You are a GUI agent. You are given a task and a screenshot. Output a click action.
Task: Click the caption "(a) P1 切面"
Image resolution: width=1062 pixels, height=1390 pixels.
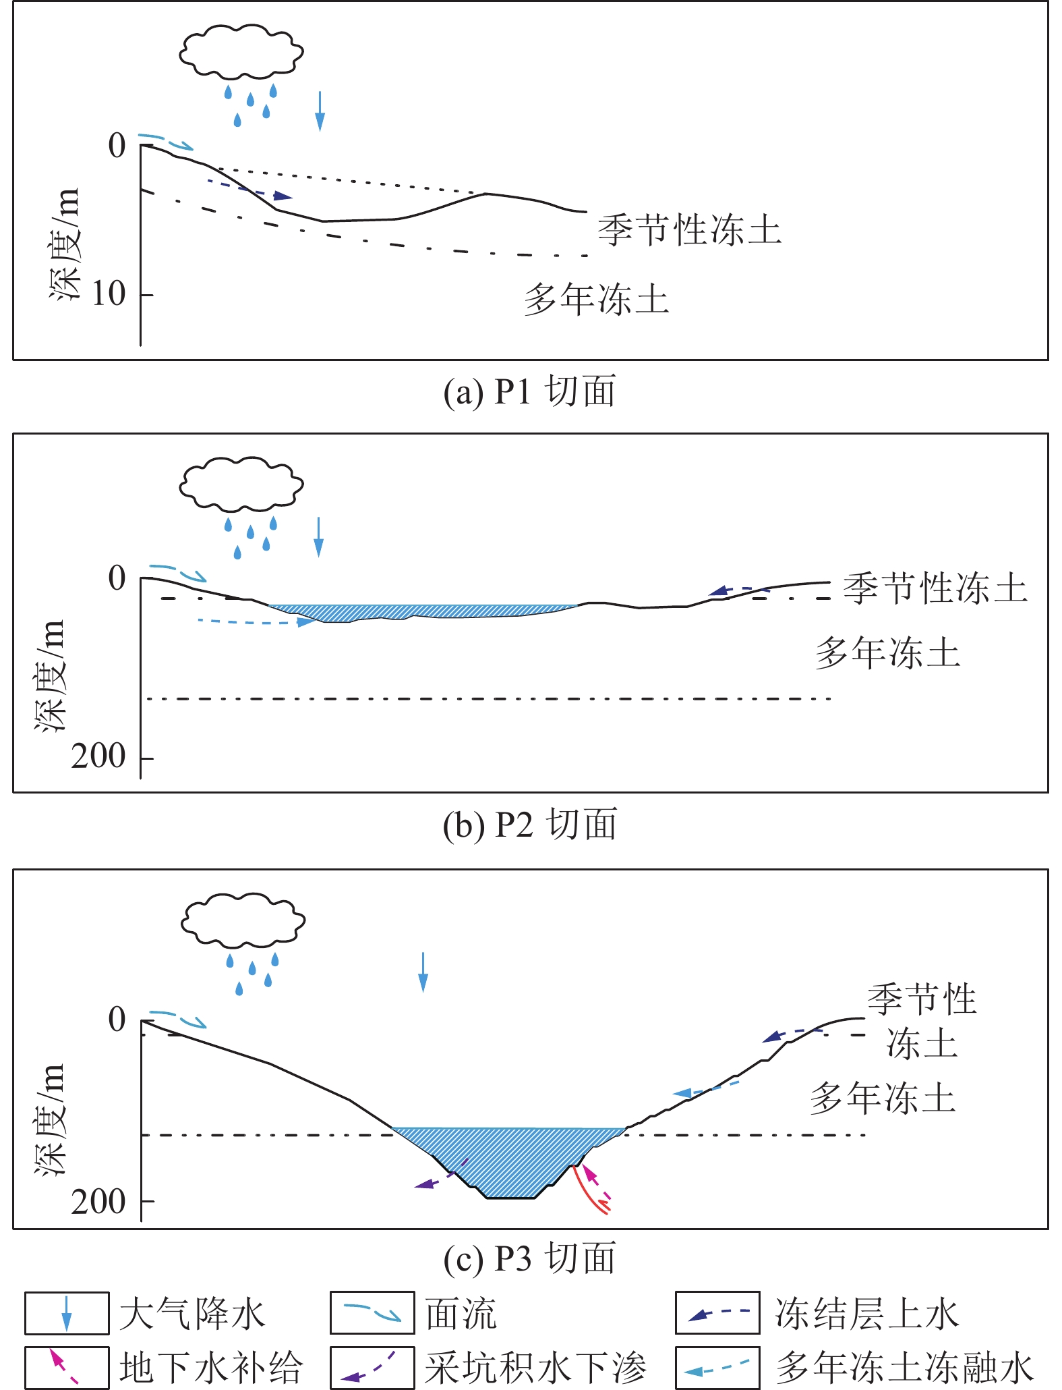(529, 392)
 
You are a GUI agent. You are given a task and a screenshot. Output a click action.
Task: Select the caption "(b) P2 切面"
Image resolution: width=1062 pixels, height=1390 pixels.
(529, 825)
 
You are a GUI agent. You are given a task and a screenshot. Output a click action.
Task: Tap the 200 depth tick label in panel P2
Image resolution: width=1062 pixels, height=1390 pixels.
(99, 756)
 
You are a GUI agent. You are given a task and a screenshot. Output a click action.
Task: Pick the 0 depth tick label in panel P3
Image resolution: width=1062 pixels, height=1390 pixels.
(117, 1020)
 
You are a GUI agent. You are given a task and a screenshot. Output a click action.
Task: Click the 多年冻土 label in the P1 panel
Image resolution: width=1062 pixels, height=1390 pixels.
(597, 300)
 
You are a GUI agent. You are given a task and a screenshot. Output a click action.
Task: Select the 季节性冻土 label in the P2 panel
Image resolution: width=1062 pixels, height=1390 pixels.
(935, 588)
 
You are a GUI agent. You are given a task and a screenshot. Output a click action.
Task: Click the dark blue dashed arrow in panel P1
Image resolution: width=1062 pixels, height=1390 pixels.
(249, 190)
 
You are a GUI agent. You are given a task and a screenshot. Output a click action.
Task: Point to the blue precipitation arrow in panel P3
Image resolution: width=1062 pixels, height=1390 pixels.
(423, 972)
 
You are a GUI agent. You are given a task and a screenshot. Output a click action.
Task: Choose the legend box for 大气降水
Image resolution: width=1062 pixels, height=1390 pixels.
(67, 1313)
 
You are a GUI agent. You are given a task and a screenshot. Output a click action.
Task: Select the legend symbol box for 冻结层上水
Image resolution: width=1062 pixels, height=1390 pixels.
(717, 1313)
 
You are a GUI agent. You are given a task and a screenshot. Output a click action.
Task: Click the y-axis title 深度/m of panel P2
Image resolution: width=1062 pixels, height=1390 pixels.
(51, 675)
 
